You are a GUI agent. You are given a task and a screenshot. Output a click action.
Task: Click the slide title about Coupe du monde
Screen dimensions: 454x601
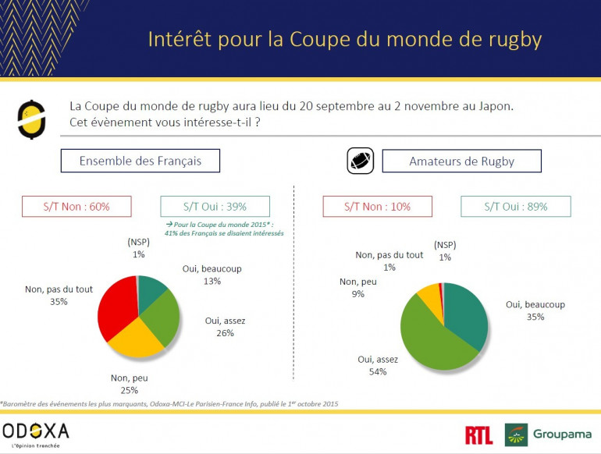(x=345, y=39)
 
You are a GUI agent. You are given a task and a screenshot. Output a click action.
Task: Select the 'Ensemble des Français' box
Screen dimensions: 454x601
(x=140, y=161)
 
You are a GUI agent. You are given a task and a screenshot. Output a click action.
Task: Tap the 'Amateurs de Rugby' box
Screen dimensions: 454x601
(x=461, y=161)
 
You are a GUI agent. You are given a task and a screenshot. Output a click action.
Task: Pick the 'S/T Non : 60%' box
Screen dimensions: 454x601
(x=76, y=206)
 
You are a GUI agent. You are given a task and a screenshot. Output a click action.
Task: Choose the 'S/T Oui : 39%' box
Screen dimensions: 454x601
(x=215, y=206)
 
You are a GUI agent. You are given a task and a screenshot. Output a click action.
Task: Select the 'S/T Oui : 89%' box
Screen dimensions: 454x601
(x=515, y=206)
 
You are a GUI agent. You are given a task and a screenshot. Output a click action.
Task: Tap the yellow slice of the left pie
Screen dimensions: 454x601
(x=134, y=339)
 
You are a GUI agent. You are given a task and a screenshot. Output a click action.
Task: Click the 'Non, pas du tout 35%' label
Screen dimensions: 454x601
(x=59, y=294)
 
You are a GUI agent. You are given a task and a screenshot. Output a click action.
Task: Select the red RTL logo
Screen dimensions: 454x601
(x=478, y=435)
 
